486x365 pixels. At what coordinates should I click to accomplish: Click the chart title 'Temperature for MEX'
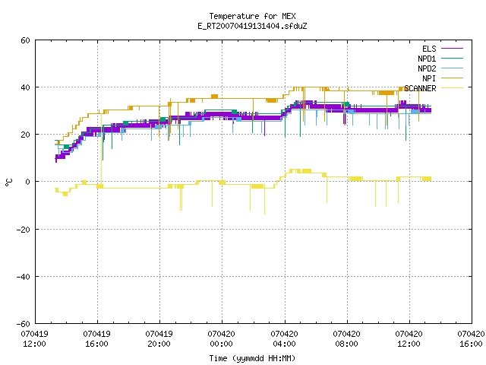252,16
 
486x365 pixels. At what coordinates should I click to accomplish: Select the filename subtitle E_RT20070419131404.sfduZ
252,26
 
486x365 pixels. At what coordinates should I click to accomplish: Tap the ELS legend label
429,49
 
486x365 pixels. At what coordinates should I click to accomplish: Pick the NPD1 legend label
427,59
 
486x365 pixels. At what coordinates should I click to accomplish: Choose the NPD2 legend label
427,68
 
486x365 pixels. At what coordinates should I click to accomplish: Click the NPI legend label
429,78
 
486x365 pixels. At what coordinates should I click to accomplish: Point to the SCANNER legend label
420,88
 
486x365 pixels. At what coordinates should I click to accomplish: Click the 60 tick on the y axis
25,40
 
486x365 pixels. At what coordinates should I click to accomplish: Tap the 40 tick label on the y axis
25,87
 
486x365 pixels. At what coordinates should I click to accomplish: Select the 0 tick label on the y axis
28,182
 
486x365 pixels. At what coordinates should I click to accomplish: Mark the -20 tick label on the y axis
24,230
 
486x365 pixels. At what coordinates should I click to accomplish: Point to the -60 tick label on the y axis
24,324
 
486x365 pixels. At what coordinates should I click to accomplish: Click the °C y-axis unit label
8,182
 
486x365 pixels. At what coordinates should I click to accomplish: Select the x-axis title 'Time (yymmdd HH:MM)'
252,358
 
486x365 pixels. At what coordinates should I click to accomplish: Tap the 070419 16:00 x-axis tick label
96,339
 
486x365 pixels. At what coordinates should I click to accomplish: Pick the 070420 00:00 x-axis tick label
221,339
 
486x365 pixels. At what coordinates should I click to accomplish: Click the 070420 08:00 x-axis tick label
346,339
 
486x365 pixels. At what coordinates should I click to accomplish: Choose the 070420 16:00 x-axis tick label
471,339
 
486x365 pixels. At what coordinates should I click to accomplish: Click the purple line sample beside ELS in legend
453,49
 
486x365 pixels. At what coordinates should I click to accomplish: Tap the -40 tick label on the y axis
24,277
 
